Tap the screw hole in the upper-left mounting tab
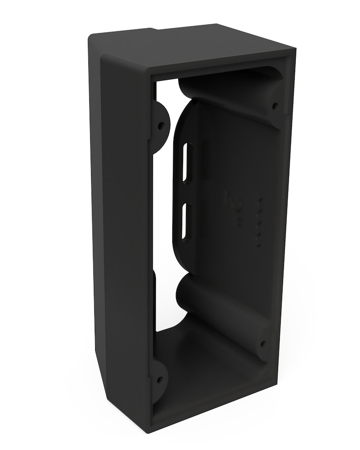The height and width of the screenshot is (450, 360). [x=160, y=124]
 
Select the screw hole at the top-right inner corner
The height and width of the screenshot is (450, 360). [x=275, y=106]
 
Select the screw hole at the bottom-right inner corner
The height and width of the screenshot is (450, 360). [x=263, y=344]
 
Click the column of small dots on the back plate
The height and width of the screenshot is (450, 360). [x=259, y=222]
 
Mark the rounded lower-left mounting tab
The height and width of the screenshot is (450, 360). [x=159, y=379]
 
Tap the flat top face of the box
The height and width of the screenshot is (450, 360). [x=190, y=45]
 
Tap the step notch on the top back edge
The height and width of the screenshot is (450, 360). [x=156, y=30]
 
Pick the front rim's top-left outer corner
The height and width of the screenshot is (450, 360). [x=102, y=57]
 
